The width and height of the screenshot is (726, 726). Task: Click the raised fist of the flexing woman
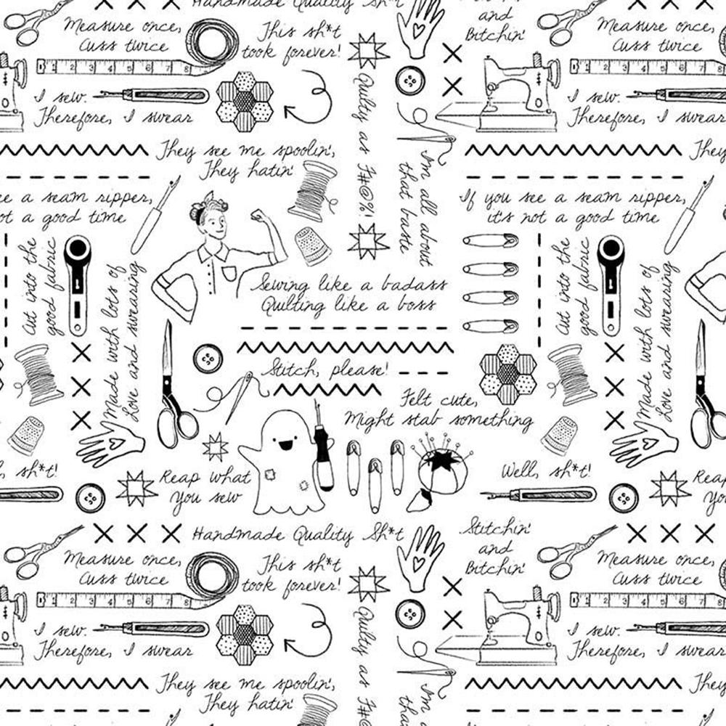click(258, 217)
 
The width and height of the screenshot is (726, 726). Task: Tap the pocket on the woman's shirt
click(230, 273)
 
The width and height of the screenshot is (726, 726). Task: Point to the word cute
click(459, 399)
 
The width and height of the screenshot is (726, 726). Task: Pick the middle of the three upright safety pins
click(375, 483)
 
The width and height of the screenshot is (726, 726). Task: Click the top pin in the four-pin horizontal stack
click(490, 240)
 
